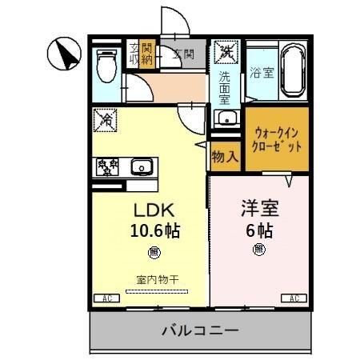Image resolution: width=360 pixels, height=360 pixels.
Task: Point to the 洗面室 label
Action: click(225, 89)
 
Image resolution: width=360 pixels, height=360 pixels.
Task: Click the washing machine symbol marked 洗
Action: click(226, 53)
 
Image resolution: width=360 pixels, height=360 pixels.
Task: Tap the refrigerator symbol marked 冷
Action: click(105, 119)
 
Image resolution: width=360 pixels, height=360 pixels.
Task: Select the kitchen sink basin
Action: click(142, 167)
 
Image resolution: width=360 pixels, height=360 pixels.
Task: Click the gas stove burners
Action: click(107, 166)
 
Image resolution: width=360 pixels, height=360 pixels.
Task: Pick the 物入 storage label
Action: click(225, 156)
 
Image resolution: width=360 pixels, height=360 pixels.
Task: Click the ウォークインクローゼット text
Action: click(277, 140)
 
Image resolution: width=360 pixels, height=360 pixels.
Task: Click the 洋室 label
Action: click(259, 210)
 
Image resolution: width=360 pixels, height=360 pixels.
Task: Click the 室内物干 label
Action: click(155, 279)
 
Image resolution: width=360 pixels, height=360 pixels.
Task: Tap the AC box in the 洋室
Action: click(294, 298)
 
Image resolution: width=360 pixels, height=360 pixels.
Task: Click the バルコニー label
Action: click(199, 330)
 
